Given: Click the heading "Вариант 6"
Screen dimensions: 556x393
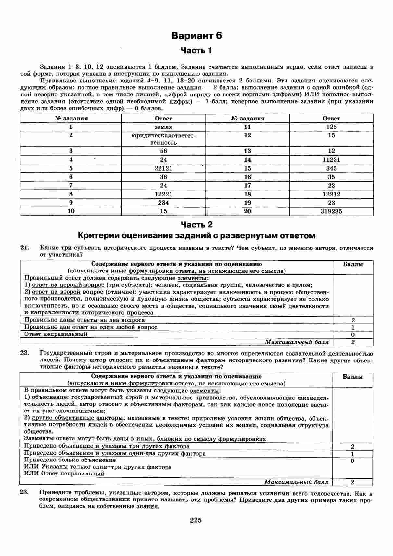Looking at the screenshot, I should click(x=196, y=36).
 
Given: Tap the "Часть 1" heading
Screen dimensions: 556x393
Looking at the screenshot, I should click(x=196, y=50).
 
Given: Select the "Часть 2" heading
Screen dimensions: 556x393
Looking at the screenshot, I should click(x=196, y=224).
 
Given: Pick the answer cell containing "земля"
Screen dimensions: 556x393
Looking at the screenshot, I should click(x=163, y=127).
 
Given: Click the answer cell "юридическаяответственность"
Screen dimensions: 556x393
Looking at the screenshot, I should click(x=163, y=139).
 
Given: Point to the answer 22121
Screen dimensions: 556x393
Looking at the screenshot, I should click(x=163, y=168).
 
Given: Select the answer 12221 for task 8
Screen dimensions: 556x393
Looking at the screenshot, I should click(x=163, y=194).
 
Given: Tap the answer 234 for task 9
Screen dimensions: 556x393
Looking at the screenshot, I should click(x=163, y=203).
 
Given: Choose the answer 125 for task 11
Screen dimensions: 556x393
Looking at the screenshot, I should click(x=331, y=127).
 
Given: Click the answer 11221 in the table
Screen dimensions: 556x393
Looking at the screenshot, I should click(x=331, y=159).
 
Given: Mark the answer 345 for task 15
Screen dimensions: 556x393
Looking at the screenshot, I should click(x=331, y=168).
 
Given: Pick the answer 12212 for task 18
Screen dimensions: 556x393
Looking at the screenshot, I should click(x=331, y=194).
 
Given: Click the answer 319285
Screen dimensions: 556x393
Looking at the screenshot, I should click(x=331, y=211).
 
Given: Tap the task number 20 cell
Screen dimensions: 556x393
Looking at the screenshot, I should click(x=247, y=211).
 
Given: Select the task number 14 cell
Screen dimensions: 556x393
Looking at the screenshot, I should click(x=247, y=159).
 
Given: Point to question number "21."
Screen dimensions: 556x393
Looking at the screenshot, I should click(x=25, y=248).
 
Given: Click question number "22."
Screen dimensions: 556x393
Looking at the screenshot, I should click(x=25, y=353).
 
